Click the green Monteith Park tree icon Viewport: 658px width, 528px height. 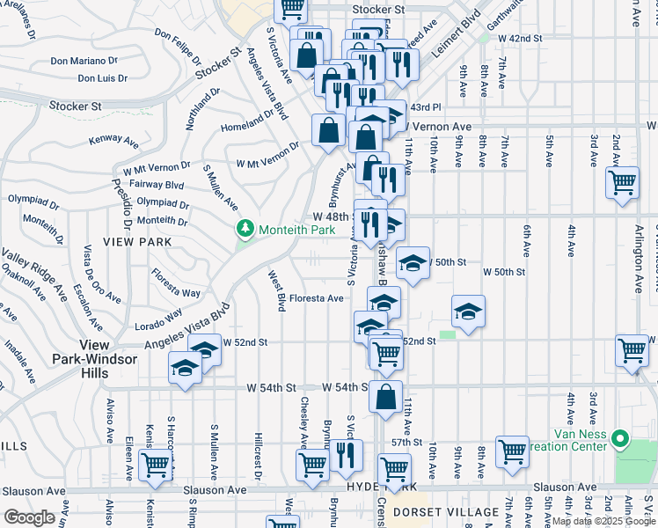pos(245,230)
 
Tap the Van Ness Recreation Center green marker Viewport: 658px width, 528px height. pos(619,437)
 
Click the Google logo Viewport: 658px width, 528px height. pos(29,517)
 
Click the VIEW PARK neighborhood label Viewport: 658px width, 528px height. pos(129,240)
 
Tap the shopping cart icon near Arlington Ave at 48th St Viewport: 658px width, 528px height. pos(622,183)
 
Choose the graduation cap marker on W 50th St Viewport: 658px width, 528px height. pos(412,261)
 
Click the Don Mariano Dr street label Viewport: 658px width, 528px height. pos(84,61)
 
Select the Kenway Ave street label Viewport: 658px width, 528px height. pos(114,140)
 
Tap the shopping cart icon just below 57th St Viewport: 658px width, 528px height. pos(511,451)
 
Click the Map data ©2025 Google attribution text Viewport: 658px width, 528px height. pos(603,521)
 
